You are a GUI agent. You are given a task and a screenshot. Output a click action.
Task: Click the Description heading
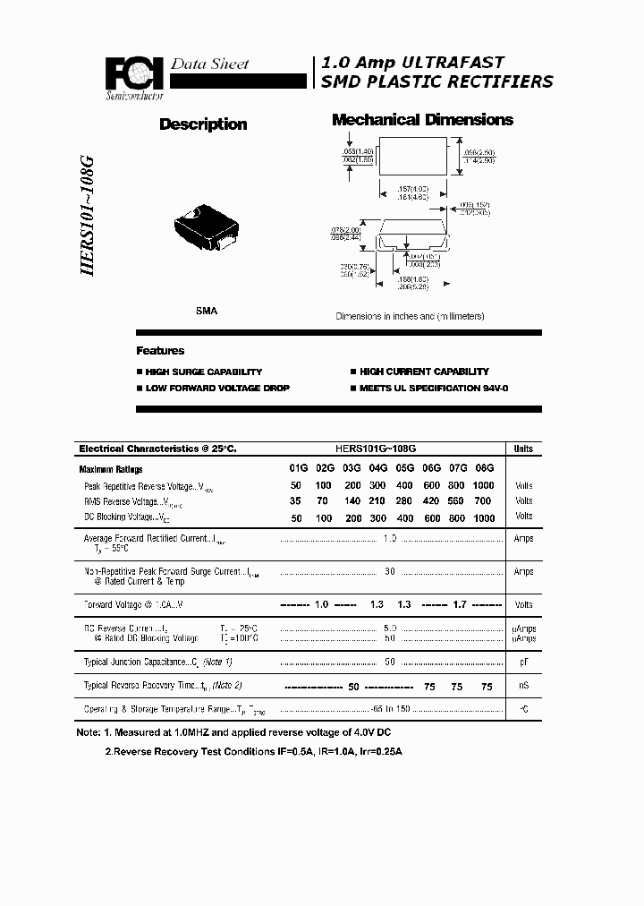pos(203,124)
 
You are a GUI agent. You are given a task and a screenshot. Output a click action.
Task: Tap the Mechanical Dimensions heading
pos(422,120)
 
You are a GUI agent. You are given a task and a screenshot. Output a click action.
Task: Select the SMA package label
pos(206,311)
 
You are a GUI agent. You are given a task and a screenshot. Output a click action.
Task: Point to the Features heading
pos(160,351)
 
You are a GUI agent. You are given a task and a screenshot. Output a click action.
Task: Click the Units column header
pos(523,449)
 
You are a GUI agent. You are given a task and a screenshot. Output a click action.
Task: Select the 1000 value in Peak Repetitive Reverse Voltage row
pos(484,485)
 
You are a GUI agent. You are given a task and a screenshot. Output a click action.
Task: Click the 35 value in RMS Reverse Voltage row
pos(297,501)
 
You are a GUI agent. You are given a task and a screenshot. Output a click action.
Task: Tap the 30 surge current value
pos(390,571)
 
